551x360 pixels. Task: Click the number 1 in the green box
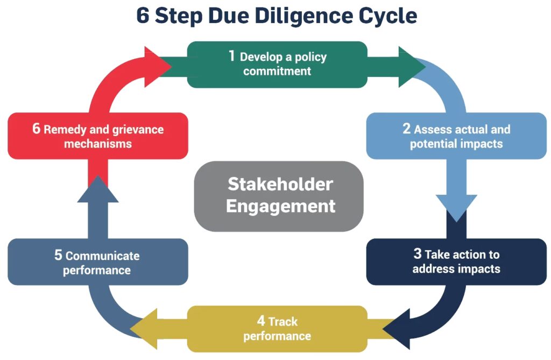[232, 56]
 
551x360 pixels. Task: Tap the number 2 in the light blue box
[407, 129]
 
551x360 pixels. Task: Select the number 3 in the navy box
[418, 254]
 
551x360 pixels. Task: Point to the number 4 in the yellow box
[261, 321]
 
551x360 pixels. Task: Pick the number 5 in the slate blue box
[58, 255]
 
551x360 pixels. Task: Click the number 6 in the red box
[37, 129]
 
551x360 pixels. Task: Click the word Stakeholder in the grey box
[280, 184]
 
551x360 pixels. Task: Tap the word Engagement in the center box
[280, 206]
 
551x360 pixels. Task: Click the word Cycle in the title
[389, 16]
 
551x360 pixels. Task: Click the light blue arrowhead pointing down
[456, 208]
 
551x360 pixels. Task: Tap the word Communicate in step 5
[102, 256]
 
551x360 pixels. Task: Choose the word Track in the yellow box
[283, 322]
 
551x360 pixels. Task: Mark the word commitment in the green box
[277, 71]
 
